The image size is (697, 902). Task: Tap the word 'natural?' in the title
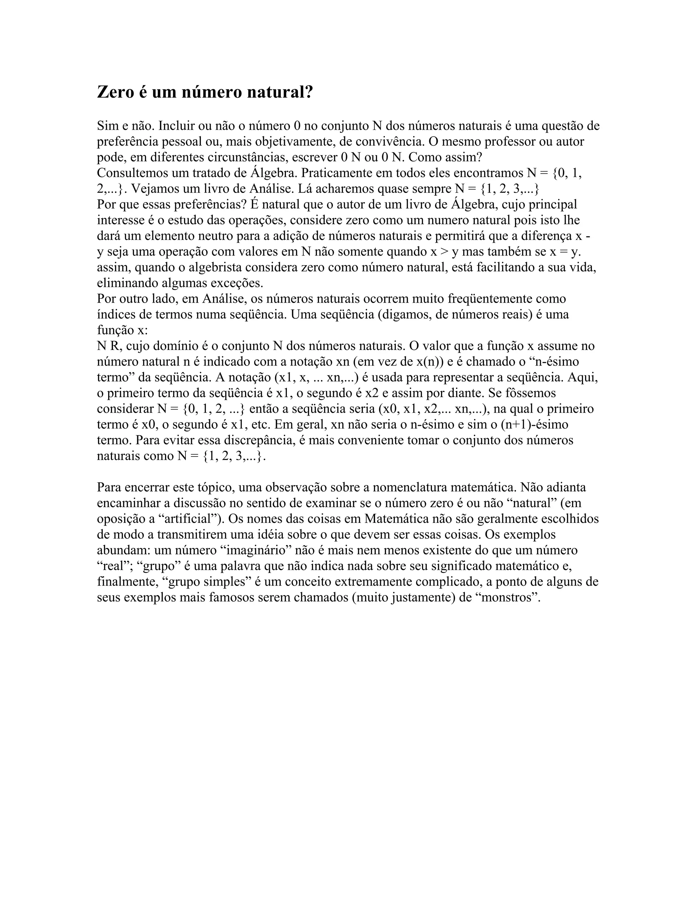point(280,92)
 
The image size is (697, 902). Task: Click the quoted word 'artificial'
point(190,519)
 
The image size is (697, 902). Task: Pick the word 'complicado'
point(447,582)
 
